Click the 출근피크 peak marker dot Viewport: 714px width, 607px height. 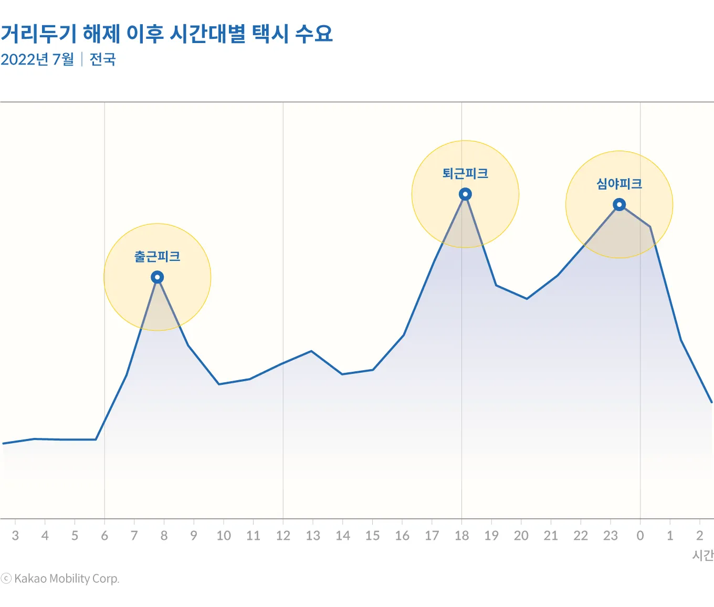(157, 277)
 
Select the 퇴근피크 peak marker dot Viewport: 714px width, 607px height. (465, 194)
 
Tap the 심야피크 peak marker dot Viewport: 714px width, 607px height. (619, 205)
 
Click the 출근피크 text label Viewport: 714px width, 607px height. (157, 257)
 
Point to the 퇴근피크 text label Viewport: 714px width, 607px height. (465, 174)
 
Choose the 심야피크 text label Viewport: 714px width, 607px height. (619, 184)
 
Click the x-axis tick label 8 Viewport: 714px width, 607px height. (164, 536)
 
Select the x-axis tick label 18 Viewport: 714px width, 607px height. (461, 536)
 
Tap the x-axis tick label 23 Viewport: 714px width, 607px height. (610, 536)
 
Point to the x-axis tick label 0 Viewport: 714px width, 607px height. (640, 536)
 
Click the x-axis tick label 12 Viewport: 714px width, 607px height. (283, 536)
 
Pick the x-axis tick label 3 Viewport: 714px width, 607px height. (15, 536)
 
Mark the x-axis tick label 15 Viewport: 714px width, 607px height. (372, 536)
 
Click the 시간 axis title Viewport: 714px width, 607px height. (703, 555)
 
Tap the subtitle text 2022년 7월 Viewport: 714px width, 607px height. (37, 59)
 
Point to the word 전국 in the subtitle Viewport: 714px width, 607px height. (102, 59)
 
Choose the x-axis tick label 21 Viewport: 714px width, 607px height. (551, 536)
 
